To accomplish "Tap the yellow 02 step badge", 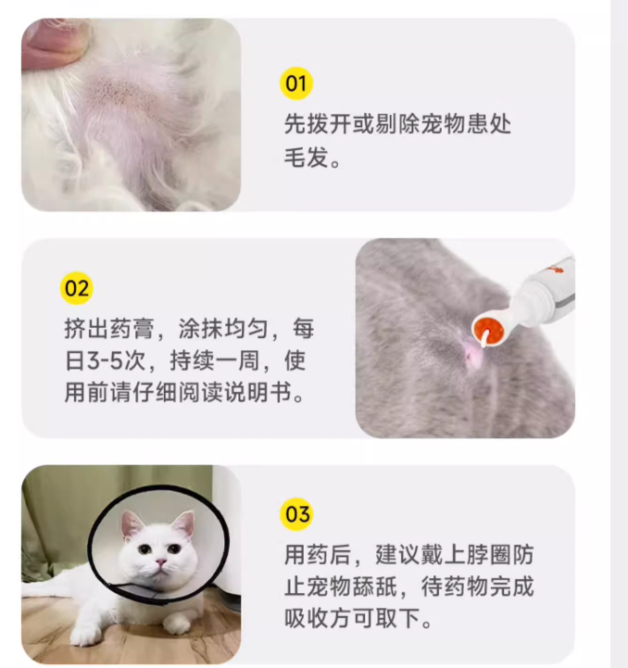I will pos(77,288).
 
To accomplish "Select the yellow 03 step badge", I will pos(296,513).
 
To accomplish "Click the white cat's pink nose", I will pos(159,562).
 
